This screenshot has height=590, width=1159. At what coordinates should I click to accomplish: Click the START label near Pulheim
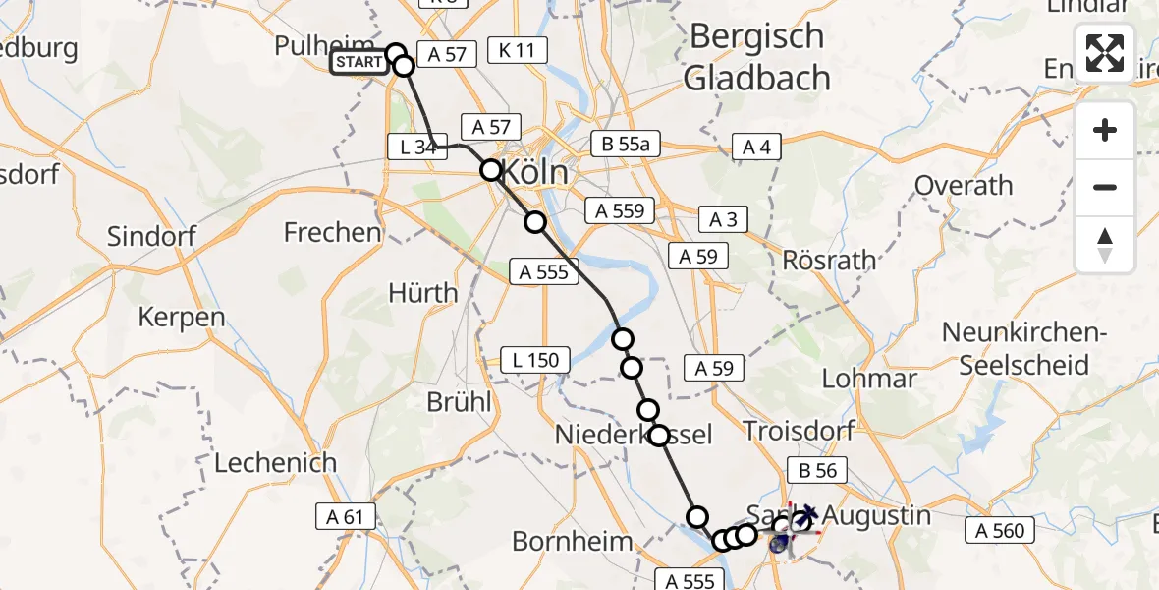click(x=359, y=63)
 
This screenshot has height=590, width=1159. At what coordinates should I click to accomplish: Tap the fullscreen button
click(x=1105, y=53)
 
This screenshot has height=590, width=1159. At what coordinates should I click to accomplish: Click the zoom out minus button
click(x=1105, y=187)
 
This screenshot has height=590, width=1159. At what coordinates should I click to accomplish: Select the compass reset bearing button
click(x=1105, y=244)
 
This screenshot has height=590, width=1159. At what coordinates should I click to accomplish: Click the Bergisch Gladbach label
click(x=757, y=57)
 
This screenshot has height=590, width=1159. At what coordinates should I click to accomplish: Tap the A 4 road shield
click(x=755, y=147)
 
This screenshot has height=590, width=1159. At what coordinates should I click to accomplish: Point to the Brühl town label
click(x=459, y=402)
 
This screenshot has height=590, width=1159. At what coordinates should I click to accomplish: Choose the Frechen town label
click(x=332, y=233)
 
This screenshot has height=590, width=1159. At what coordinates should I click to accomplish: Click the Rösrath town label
click(x=828, y=261)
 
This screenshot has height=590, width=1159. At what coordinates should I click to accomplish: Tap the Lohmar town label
click(x=868, y=379)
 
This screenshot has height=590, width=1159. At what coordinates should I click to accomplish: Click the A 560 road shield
click(x=1001, y=532)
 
